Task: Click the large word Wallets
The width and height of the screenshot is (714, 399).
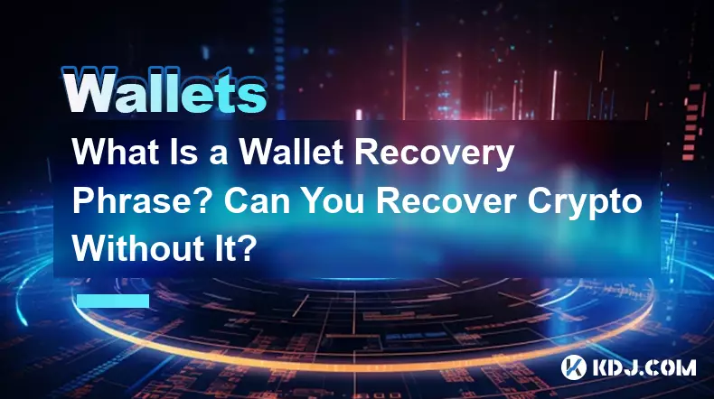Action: pos(164,89)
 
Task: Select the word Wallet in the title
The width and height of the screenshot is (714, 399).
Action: pos(290,152)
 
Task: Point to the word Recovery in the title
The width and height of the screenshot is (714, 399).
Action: pos(434,154)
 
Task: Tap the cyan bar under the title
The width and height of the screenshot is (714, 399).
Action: pos(113,301)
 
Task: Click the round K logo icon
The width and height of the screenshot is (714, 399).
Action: pos(573,367)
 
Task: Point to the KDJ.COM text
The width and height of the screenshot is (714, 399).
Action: pos(644,367)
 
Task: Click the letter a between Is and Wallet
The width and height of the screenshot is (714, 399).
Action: pos(219,155)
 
